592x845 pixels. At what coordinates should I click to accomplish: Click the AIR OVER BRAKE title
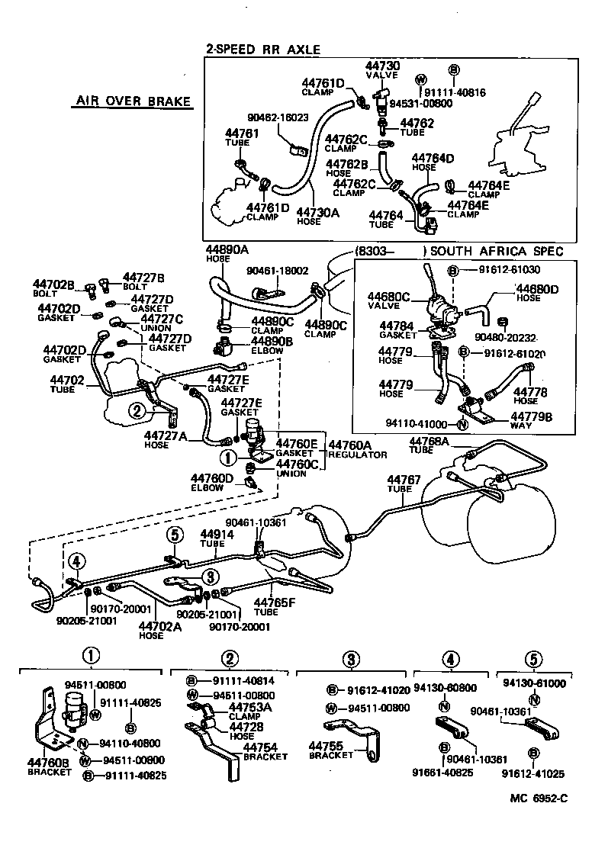(133, 102)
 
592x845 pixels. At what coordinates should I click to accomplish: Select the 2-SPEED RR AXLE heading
(262, 49)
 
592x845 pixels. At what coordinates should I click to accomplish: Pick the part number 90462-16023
(278, 118)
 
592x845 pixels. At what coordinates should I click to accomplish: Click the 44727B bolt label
(144, 277)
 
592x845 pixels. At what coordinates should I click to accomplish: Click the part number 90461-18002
(278, 270)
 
